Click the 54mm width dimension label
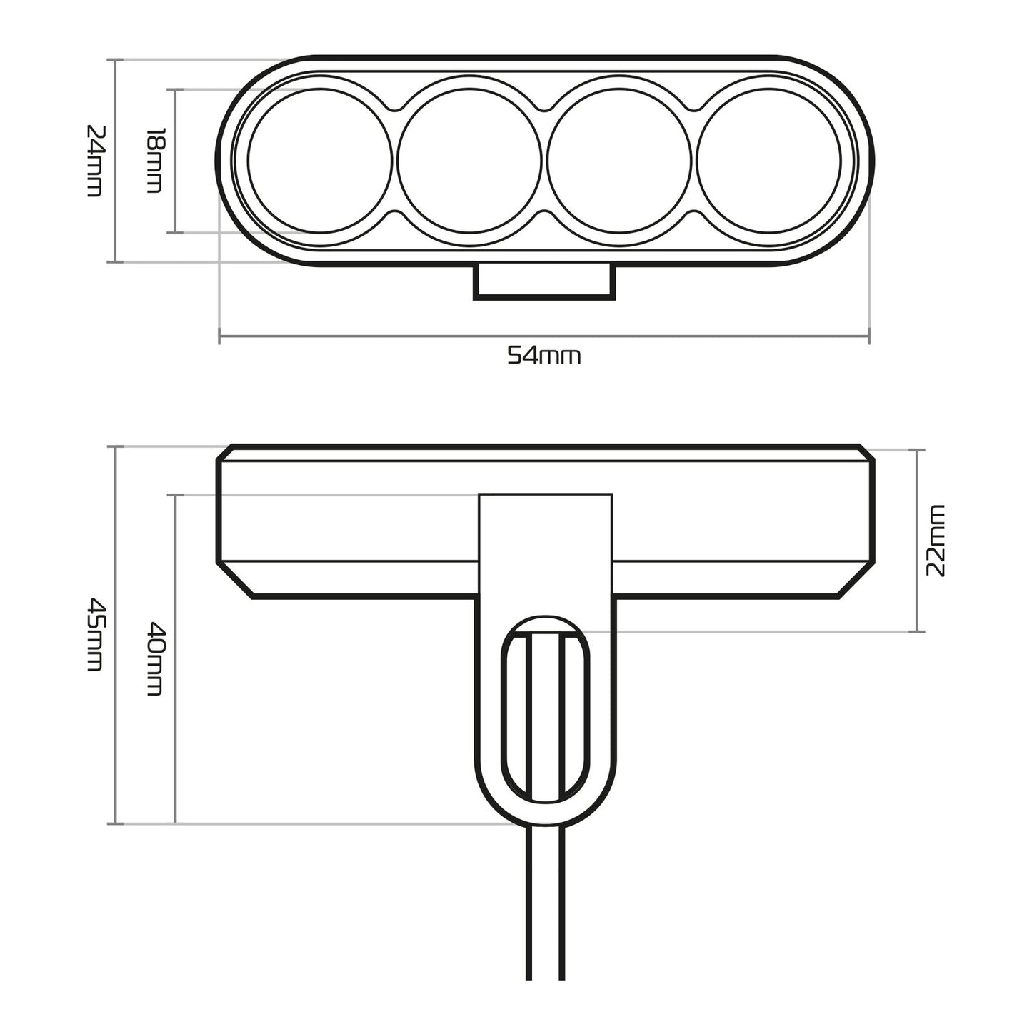tap(543, 355)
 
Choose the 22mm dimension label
tap(935, 541)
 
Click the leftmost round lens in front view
tap(319, 161)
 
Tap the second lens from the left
tap(469, 161)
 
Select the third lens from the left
tap(619, 161)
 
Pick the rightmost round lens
tap(768, 161)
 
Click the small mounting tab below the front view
tap(543, 280)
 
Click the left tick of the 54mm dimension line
tap(219, 335)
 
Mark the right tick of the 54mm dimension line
tap(868, 335)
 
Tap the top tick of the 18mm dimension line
tap(175, 90)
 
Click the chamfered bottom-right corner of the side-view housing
tap(853, 580)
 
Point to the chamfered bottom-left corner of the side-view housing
tap(236, 580)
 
